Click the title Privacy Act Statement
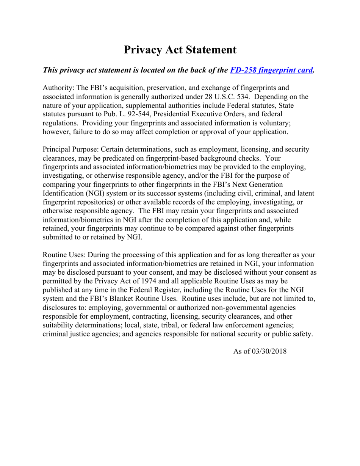[x=180, y=50]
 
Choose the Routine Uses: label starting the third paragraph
[x=64, y=255]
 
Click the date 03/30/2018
[x=271, y=351]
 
